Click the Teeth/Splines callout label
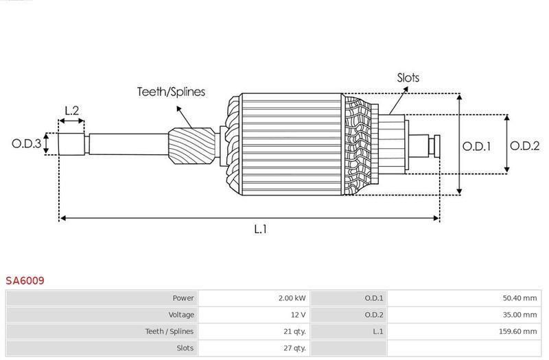pyautogui.click(x=171, y=92)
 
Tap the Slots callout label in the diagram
pyautogui.click(x=408, y=77)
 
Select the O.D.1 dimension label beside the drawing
pyautogui.click(x=476, y=146)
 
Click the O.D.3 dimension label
pyautogui.click(x=25, y=144)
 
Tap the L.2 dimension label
pyautogui.click(x=72, y=110)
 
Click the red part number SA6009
pyautogui.click(x=26, y=280)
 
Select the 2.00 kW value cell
pyautogui.click(x=292, y=298)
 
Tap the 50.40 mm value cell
pyautogui.click(x=519, y=298)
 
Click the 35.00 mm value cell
pyautogui.click(x=519, y=315)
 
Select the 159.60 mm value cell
pyautogui.click(x=517, y=331)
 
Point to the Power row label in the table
pyautogui.click(x=183, y=298)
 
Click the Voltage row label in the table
pyautogui.click(x=180, y=315)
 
